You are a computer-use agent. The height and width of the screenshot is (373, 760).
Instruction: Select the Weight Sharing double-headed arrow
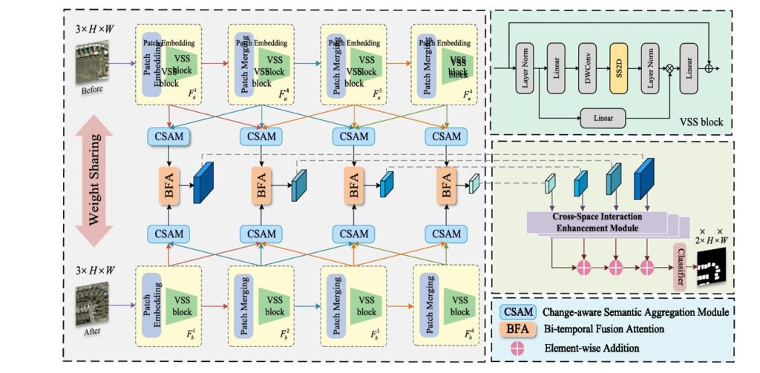tap(94, 183)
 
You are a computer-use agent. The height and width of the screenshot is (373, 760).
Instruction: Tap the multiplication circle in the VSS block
tap(670, 67)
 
